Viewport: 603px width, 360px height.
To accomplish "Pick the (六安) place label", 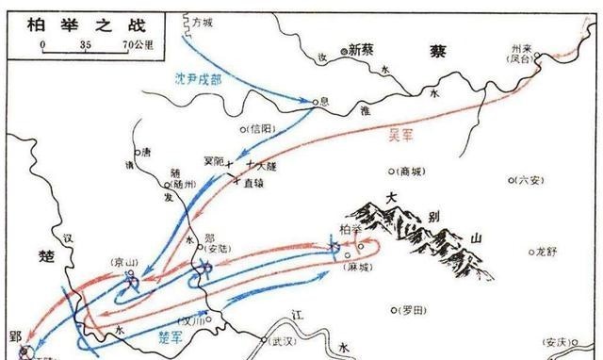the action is tap(527, 179).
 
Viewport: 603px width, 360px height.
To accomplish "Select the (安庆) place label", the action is tap(563, 342).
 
